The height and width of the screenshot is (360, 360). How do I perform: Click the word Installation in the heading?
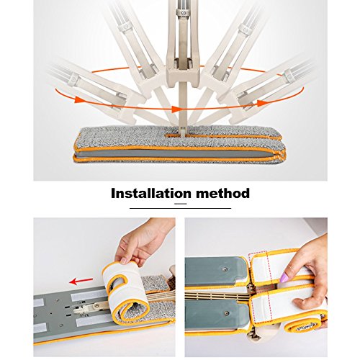(151, 194)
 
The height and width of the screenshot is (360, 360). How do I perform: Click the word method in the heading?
(223, 194)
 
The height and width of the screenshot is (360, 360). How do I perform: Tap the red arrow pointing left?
(81, 281)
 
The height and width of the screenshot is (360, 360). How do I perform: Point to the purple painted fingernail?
(284, 278)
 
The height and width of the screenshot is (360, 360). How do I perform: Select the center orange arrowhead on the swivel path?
(177, 109)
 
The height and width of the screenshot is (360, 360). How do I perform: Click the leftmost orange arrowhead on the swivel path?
(79, 99)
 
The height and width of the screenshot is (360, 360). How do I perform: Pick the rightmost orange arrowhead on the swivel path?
(262, 103)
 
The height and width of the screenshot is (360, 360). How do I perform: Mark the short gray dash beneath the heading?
(181, 204)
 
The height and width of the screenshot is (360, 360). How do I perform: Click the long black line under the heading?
(180, 208)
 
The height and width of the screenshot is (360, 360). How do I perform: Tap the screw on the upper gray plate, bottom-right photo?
(225, 269)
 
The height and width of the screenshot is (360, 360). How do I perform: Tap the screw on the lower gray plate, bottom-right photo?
(227, 313)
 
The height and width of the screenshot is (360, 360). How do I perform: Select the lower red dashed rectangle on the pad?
(261, 309)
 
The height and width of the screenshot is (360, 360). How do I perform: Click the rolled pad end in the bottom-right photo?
(304, 325)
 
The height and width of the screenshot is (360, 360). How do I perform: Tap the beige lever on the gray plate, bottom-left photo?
(91, 307)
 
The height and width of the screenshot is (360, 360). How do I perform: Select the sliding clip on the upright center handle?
(184, 12)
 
